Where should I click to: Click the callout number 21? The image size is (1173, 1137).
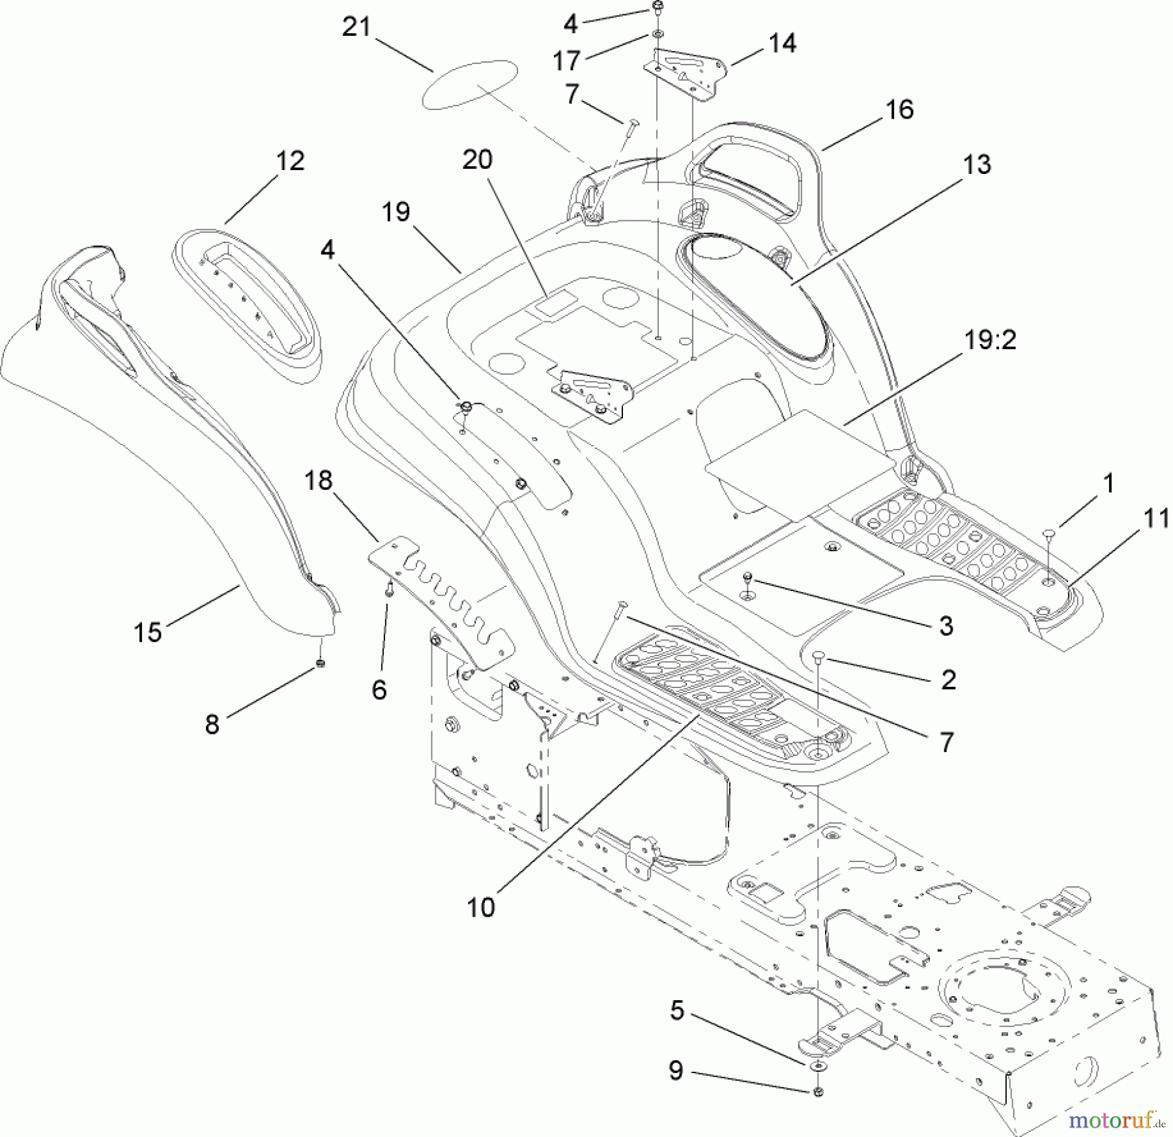pos(356,27)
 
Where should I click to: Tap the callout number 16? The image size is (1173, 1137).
pos(899,109)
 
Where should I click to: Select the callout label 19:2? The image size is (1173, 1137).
pos(989,339)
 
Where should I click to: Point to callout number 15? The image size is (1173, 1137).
pos(147,631)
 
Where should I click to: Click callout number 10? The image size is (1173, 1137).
pos(481,907)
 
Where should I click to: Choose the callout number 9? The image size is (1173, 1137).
pos(676,1071)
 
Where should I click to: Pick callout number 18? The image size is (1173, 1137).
pos(318,481)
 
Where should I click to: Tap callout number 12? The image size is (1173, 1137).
pos(290,160)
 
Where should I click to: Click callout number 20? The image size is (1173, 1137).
pos(478,160)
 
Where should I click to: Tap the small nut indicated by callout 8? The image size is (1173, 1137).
pos(320,664)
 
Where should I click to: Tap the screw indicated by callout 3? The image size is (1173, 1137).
pos(749,578)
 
